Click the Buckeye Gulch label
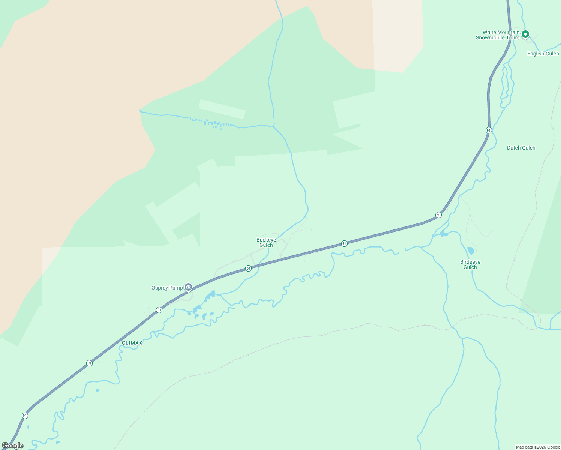click(266, 242)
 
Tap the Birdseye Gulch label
click(470, 264)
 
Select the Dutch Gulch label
click(521, 148)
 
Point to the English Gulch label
click(543, 54)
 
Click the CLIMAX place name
click(132, 343)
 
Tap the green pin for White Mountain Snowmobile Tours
click(525, 34)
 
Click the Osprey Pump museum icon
click(188, 287)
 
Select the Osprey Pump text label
click(167, 288)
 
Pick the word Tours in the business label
click(514, 37)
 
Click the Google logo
click(13, 445)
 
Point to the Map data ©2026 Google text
click(538, 447)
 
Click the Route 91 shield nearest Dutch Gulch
click(488, 130)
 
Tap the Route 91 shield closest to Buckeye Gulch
click(248, 268)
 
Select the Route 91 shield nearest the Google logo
click(25, 415)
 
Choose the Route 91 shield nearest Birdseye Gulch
click(438, 215)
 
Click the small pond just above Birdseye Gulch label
click(471, 250)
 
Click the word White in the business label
click(490, 32)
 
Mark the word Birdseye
click(470, 262)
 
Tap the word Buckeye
click(266, 240)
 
